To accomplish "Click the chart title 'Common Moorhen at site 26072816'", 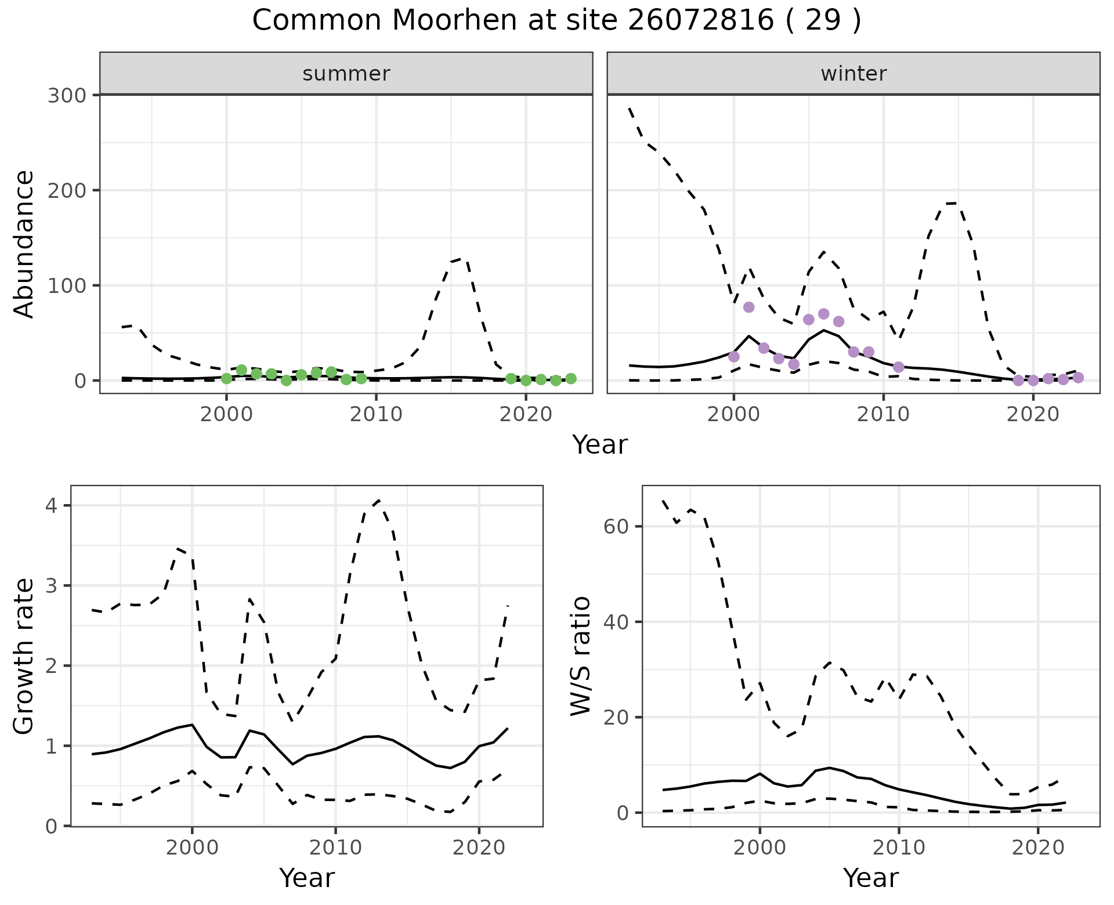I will pos(556,21).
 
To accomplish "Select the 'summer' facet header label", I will pos(346,74).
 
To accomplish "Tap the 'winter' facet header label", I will pos(853,74).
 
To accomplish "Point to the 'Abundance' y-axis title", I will pos(24,244).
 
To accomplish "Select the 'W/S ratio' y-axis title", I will pos(580,656).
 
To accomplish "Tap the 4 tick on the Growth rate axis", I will pos(52,506).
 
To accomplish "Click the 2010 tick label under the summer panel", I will pos(376,415).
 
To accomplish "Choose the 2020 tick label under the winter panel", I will pos(1033,415).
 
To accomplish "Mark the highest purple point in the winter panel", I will pos(748,307).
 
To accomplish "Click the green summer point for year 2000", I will pos(226,378).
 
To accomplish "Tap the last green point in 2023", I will pos(571,378).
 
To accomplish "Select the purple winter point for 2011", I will pos(898,367).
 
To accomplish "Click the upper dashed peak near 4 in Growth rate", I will pos(378,500).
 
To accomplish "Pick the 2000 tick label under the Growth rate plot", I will pos(191,848).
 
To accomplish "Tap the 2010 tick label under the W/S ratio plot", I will pos(898,848).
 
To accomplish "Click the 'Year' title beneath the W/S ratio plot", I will pos(870,878).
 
